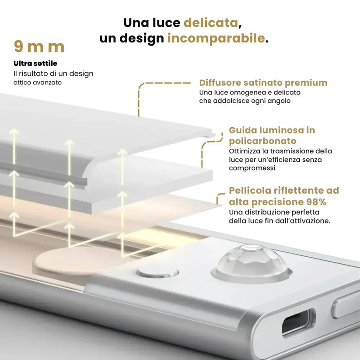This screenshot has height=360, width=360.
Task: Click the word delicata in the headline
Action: [x=211, y=22]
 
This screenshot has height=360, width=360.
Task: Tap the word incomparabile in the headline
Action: [x=216, y=38]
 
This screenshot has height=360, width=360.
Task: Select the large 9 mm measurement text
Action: [x=39, y=47]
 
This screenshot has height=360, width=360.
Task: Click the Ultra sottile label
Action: [x=35, y=63]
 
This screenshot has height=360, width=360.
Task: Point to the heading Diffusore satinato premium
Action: [x=263, y=83]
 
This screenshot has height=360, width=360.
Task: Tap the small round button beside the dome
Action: [x=158, y=272]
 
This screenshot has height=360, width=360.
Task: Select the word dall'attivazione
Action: [x=303, y=221]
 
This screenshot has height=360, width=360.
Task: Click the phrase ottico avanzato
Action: [x=38, y=82]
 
